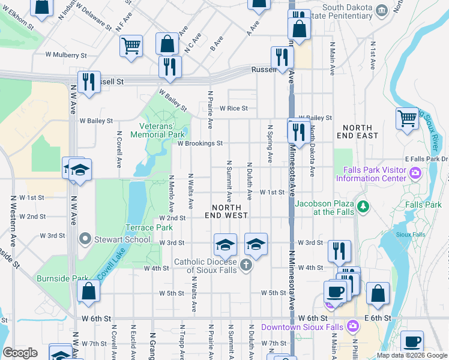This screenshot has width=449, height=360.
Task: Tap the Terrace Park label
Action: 148,228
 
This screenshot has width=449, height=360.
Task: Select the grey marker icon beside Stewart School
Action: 85,239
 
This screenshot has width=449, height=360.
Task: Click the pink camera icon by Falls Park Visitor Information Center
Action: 414,174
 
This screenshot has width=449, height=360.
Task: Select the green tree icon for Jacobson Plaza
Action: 363,207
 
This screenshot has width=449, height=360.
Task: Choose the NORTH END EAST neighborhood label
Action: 361,131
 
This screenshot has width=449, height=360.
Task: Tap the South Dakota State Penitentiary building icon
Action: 381,11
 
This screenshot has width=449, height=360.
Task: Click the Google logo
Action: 20,353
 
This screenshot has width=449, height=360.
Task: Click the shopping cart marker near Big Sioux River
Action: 408,118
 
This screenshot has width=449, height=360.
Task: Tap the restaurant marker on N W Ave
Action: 89,82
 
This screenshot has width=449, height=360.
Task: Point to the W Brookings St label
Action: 200,143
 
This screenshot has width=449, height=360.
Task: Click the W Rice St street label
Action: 234,109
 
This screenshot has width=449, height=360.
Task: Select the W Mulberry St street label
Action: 66,55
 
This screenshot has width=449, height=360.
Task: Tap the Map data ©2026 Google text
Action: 411,355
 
